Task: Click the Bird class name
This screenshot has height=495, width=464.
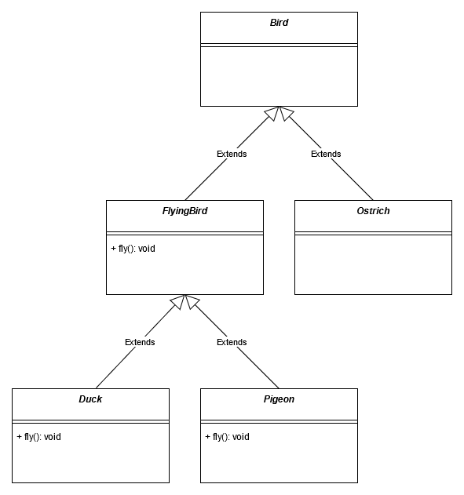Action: (x=279, y=23)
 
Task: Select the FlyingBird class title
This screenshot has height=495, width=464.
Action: (x=185, y=211)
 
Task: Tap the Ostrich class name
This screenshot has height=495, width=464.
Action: (x=373, y=211)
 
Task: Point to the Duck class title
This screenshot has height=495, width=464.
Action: (x=90, y=399)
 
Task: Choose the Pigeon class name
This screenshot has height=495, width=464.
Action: (x=279, y=399)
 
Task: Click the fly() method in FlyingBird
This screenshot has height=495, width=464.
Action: (x=133, y=249)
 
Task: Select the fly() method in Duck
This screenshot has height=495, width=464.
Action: (x=38, y=437)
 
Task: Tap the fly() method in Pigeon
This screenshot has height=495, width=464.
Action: (x=227, y=437)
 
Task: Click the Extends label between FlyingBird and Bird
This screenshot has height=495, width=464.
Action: (x=232, y=154)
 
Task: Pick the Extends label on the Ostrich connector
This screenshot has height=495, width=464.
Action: (x=326, y=154)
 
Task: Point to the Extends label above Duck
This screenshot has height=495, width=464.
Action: (x=140, y=342)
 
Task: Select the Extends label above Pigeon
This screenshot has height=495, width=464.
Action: (x=232, y=342)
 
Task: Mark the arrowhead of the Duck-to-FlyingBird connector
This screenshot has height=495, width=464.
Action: (x=179, y=301)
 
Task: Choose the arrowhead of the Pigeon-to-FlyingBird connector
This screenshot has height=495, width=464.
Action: (x=191, y=301)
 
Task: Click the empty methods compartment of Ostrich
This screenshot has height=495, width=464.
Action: (x=373, y=265)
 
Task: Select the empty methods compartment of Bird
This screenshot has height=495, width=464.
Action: (x=279, y=76)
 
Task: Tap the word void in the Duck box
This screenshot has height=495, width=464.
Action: (x=53, y=437)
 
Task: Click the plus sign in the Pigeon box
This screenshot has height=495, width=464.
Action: (x=207, y=437)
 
